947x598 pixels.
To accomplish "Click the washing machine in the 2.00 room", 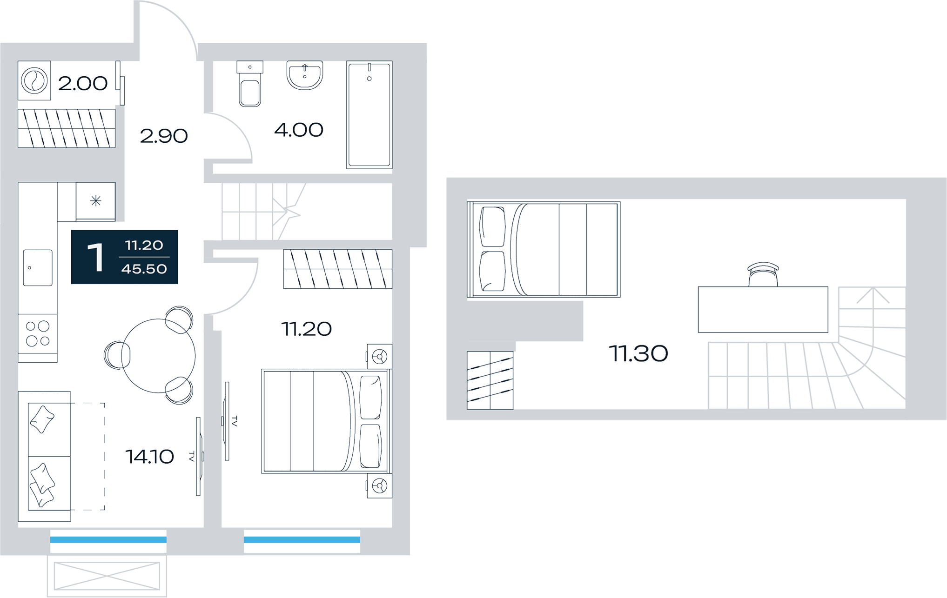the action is (x=34, y=80).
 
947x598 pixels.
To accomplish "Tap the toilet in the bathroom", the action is (x=250, y=84).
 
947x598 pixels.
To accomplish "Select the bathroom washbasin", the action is (x=305, y=75).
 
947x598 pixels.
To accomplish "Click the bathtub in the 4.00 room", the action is (x=369, y=115).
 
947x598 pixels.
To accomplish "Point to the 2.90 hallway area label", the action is (x=164, y=136).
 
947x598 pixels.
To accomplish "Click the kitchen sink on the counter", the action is (x=38, y=268).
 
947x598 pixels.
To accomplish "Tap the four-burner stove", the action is (x=38, y=333).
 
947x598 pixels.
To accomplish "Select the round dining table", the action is (x=158, y=356).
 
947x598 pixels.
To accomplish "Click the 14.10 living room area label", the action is (x=150, y=457).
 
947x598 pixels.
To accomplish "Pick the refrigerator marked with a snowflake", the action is (x=95, y=201).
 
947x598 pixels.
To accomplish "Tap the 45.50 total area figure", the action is (x=144, y=269).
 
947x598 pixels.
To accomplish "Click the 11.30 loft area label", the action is (x=638, y=354).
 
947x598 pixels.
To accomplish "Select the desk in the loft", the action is (x=763, y=310).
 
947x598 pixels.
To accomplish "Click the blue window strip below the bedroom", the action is (x=302, y=540).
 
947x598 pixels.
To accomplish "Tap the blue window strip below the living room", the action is (x=108, y=540).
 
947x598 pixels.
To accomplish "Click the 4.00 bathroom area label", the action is (x=299, y=130).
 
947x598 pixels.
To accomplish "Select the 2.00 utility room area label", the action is (x=83, y=84).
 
